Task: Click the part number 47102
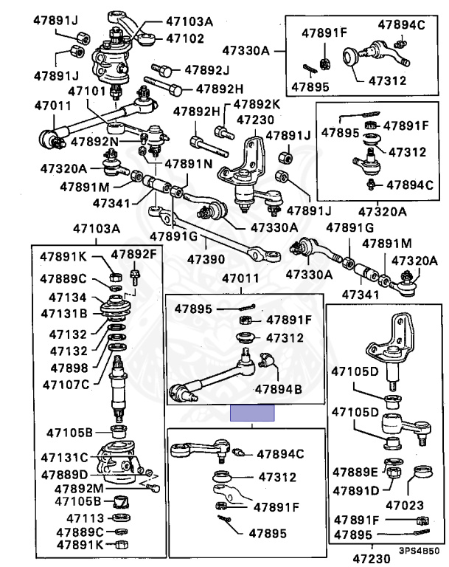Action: point(185,38)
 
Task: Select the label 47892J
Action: point(206,70)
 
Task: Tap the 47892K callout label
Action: point(257,104)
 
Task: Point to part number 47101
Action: point(87,91)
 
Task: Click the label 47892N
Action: point(94,142)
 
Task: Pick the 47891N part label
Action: point(189,164)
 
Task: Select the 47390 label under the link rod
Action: point(206,259)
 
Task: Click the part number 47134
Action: point(68,298)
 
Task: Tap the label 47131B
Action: point(64,314)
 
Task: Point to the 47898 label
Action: point(69,368)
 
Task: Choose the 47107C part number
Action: point(66,385)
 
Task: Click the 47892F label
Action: point(133,255)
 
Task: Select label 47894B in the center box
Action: point(278,390)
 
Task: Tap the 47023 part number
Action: point(405,505)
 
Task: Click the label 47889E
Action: point(355,472)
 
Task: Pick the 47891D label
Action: point(356,491)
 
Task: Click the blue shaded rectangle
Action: point(252,413)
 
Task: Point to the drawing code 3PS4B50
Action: point(419,551)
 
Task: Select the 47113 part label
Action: point(86,518)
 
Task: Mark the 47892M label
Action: point(79,489)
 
